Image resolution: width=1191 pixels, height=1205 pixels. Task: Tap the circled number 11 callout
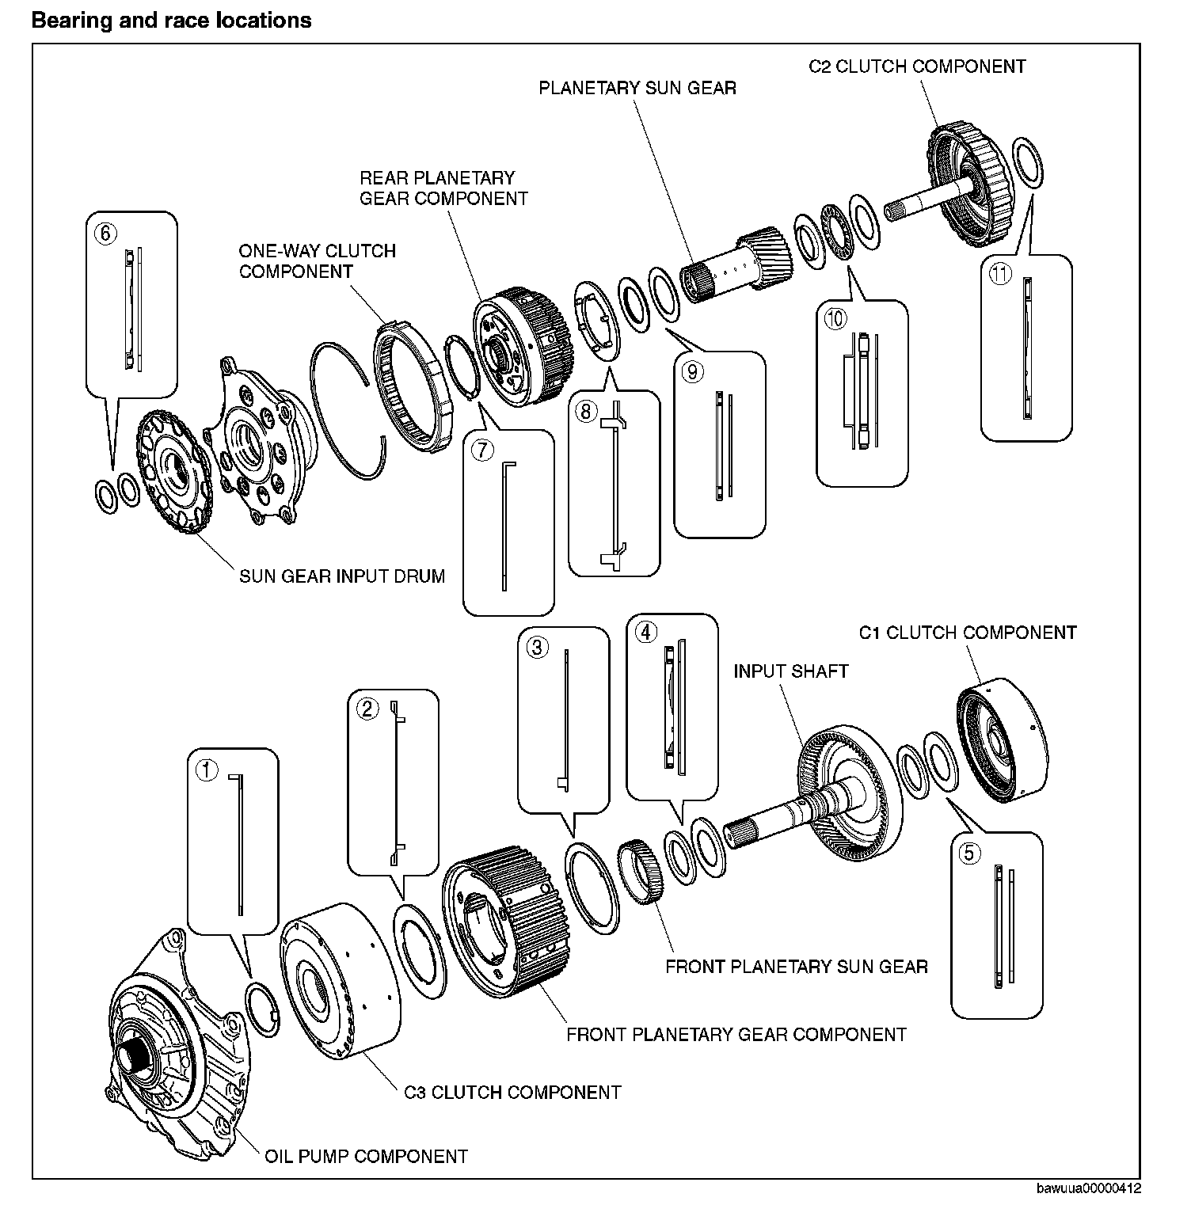(x=1000, y=275)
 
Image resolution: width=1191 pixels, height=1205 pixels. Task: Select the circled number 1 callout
(x=207, y=770)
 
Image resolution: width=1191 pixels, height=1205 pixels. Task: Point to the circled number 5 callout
(x=970, y=853)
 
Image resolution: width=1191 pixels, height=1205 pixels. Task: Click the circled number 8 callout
(x=585, y=412)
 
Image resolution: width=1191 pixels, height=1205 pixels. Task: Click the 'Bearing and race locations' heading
(x=171, y=20)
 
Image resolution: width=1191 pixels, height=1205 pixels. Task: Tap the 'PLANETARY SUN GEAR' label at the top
(x=637, y=87)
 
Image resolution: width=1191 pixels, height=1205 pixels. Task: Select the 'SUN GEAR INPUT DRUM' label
(x=342, y=576)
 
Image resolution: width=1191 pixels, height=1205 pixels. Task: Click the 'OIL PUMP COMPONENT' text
(x=366, y=1156)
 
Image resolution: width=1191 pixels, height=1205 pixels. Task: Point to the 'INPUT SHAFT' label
(x=790, y=671)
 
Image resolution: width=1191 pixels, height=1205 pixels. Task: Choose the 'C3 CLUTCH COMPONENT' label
(x=512, y=1093)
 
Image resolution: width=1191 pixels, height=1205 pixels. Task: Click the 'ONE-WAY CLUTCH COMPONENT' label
(x=317, y=261)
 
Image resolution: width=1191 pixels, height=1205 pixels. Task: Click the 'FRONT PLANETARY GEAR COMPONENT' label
(x=736, y=1034)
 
